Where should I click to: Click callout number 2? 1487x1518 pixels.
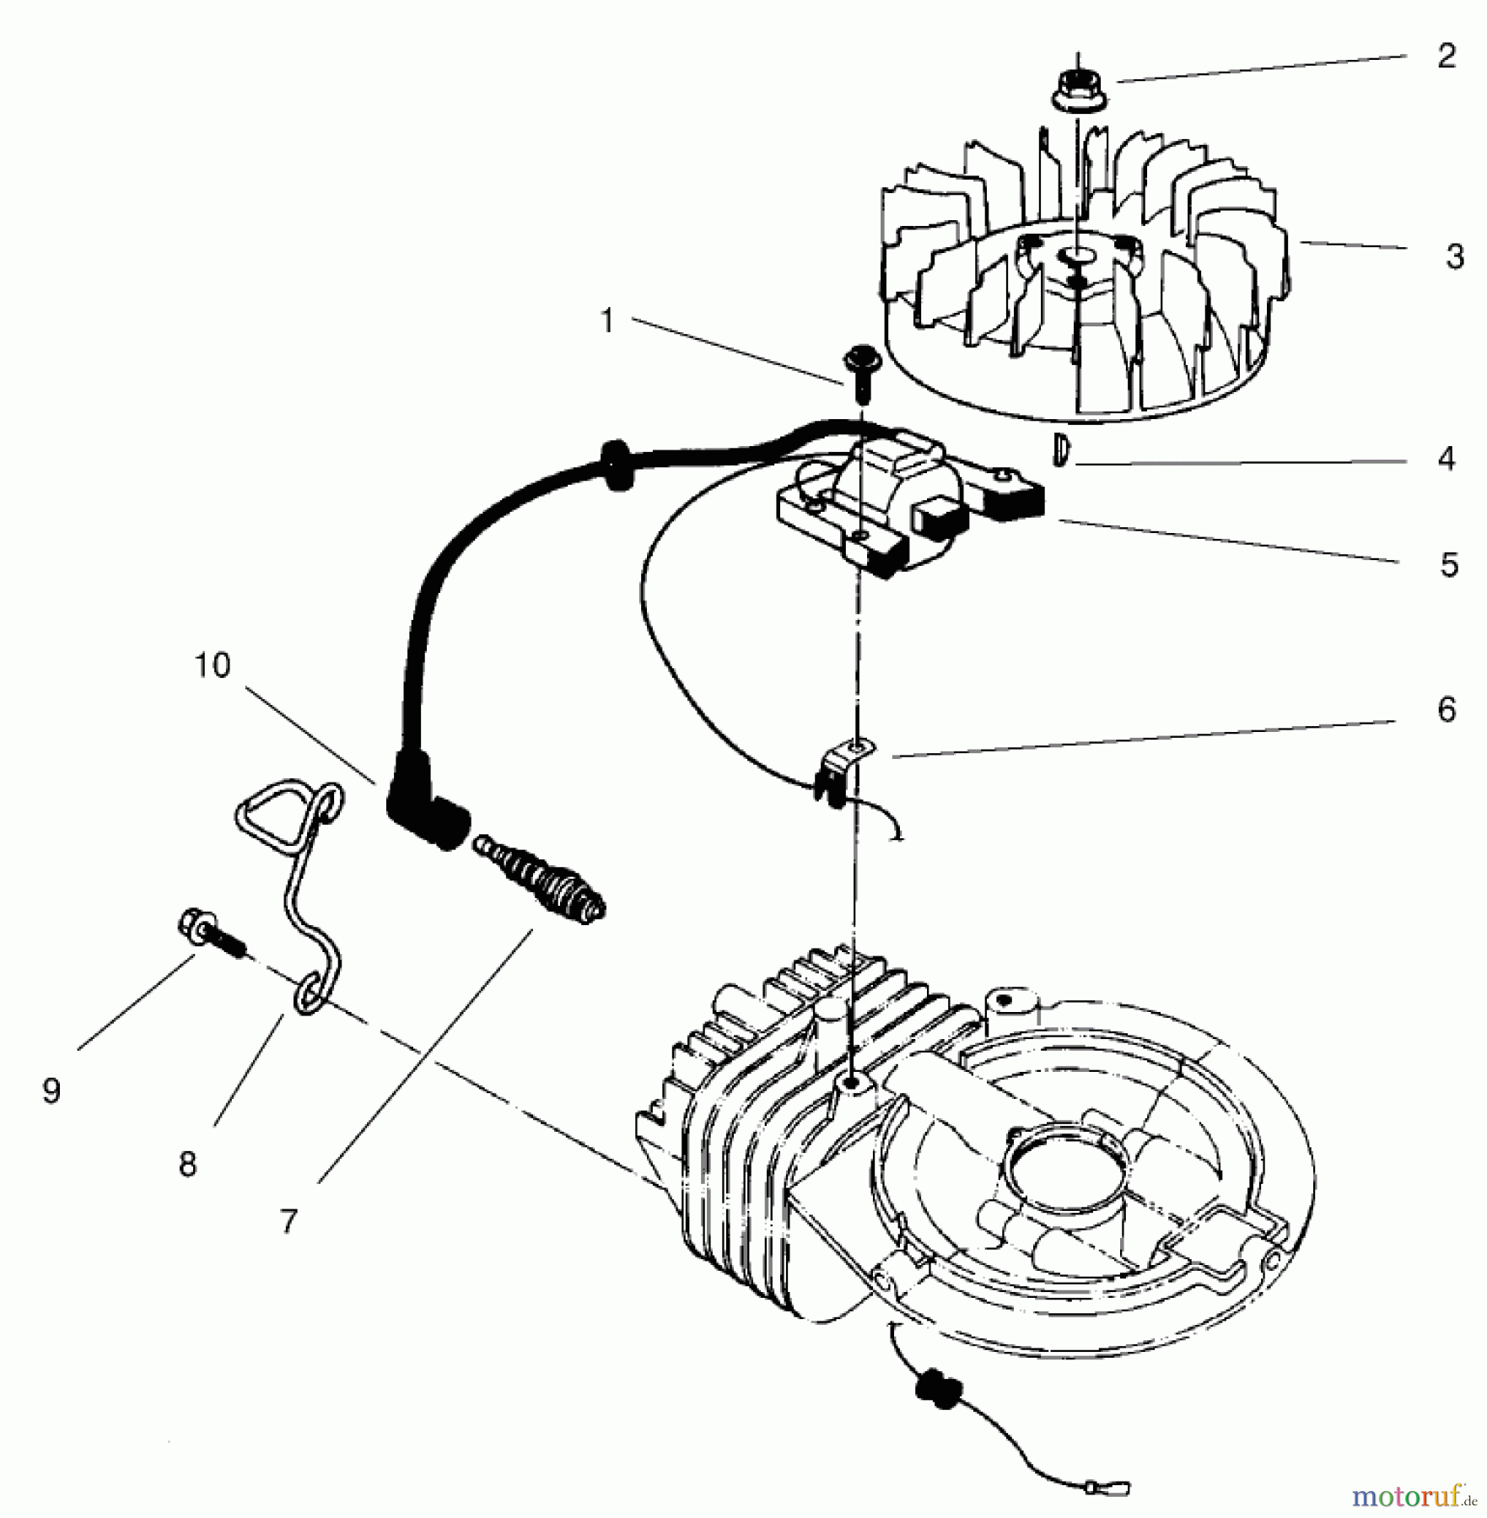(x=1446, y=57)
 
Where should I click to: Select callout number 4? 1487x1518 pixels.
(x=1446, y=460)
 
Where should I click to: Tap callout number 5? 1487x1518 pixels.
(x=1448, y=565)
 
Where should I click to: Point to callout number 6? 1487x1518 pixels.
(x=1446, y=710)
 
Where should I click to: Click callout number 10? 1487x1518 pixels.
(x=212, y=665)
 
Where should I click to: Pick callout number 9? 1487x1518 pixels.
(x=51, y=1091)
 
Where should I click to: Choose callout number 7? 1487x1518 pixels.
(x=289, y=1220)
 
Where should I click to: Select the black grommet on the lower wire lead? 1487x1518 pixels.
(x=935, y=1388)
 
